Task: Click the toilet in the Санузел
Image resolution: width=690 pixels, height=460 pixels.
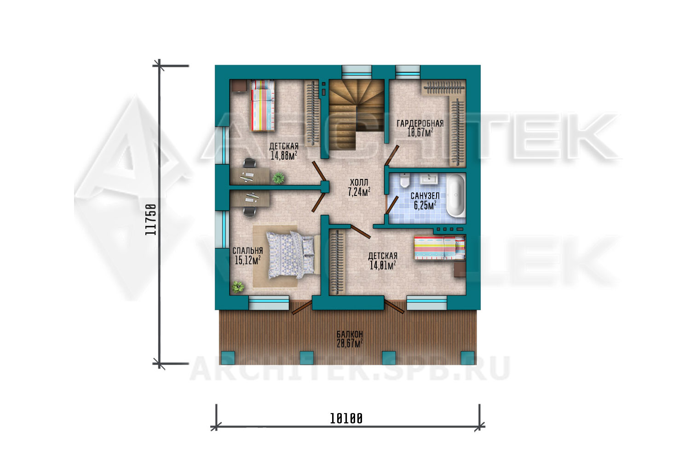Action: click(405, 180)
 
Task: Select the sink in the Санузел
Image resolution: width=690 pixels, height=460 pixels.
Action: click(429, 178)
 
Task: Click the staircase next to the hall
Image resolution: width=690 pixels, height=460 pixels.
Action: click(356, 115)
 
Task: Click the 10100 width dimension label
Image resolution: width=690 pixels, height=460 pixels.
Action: click(346, 419)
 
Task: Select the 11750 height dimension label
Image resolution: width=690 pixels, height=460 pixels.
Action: click(151, 219)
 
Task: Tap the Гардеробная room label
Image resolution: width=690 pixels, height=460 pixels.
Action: click(420, 124)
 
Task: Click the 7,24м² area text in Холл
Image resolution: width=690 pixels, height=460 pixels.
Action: click(359, 192)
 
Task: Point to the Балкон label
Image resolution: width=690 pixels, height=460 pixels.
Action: click(350, 334)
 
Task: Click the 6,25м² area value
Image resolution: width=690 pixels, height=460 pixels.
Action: click(425, 205)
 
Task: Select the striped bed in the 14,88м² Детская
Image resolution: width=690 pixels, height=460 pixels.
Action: click(263, 105)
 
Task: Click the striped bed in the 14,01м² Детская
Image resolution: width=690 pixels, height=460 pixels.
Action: click(440, 248)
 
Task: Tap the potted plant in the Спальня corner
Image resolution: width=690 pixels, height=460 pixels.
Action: click(238, 287)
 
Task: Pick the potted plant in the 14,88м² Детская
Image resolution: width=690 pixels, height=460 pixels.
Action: click(278, 178)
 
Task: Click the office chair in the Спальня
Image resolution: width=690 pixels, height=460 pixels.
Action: click(250, 211)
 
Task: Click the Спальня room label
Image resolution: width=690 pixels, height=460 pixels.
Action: click(247, 251)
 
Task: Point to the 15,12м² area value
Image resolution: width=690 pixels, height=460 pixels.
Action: click(247, 260)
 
